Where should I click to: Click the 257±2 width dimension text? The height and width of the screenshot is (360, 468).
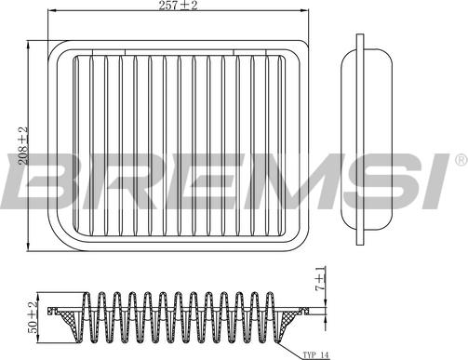click(x=178, y=8)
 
